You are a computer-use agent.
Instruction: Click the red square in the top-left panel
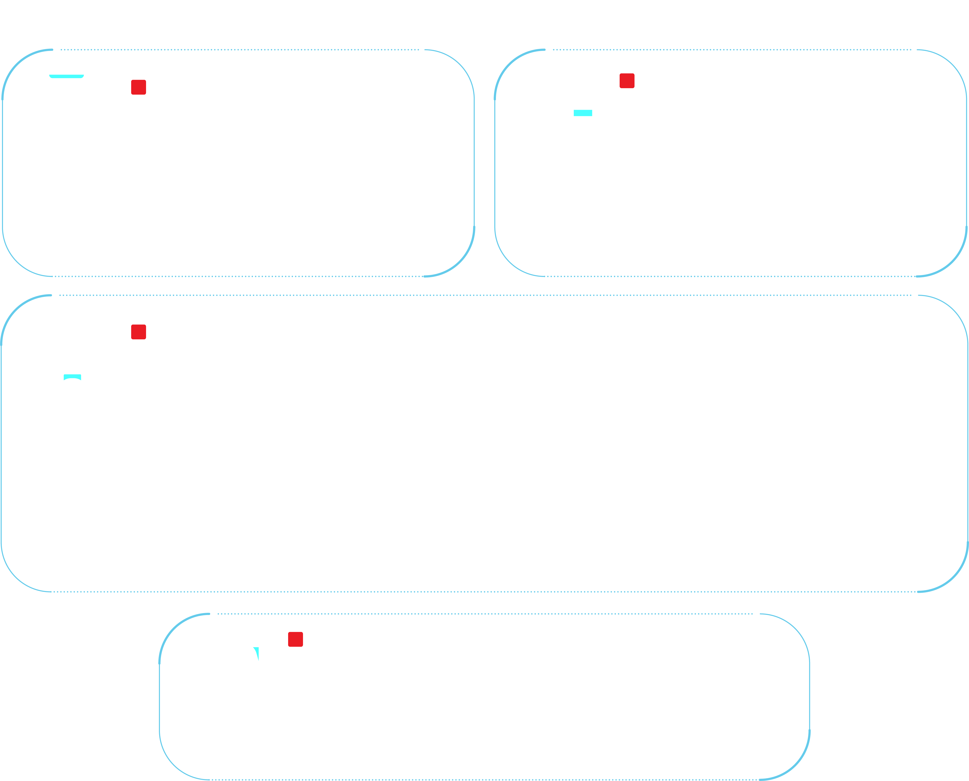(x=138, y=87)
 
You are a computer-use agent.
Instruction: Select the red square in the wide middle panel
(x=138, y=332)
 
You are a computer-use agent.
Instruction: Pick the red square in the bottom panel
(x=295, y=639)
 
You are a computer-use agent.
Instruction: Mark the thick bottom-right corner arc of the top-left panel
(x=460, y=262)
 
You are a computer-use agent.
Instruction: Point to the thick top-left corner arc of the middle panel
(x=16, y=310)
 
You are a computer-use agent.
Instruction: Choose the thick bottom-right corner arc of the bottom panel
(x=795, y=765)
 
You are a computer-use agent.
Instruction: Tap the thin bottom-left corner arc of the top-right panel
(x=509, y=262)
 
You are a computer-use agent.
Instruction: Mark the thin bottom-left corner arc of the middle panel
(x=16, y=577)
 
